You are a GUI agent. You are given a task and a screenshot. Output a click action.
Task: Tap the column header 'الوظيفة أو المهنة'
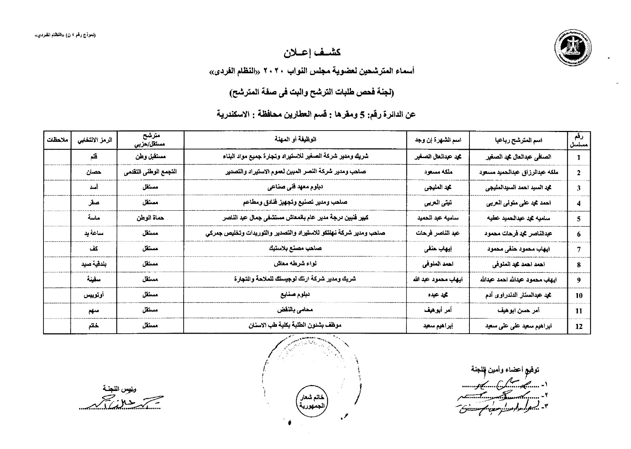click(x=295, y=140)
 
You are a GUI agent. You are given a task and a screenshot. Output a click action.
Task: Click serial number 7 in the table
click(x=579, y=250)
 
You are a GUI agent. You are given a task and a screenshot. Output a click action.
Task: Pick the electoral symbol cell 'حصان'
click(x=93, y=172)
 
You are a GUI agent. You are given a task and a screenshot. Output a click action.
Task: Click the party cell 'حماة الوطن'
click(x=150, y=218)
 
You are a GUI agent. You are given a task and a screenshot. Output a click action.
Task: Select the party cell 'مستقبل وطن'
click(x=150, y=157)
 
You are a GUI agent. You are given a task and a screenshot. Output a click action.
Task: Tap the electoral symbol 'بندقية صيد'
click(x=93, y=264)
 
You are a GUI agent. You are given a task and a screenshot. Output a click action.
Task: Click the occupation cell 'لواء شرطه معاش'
click(x=295, y=264)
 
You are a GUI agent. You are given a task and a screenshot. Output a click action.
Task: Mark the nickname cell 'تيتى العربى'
click(x=437, y=203)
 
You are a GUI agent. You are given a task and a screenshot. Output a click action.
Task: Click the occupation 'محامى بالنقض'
click(x=295, y=310)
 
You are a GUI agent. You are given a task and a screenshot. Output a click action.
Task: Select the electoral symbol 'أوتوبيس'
click(x=93, y=295)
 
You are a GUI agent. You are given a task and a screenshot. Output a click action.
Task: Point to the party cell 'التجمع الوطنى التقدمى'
click(x=150, y=172)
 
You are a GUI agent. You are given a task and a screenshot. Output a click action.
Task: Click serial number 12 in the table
click(x=579, y=326)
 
